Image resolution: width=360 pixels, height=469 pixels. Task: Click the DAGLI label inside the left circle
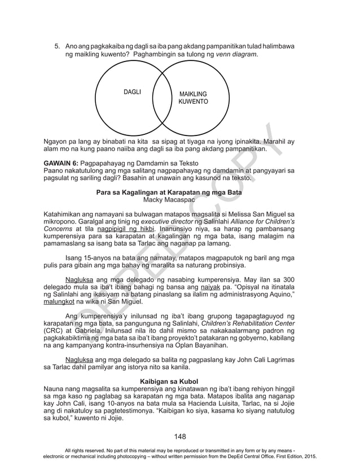[132, 92]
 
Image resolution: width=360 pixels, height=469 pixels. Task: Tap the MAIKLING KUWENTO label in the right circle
[193, 98]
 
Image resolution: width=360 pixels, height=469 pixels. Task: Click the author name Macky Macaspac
[179, 200]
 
